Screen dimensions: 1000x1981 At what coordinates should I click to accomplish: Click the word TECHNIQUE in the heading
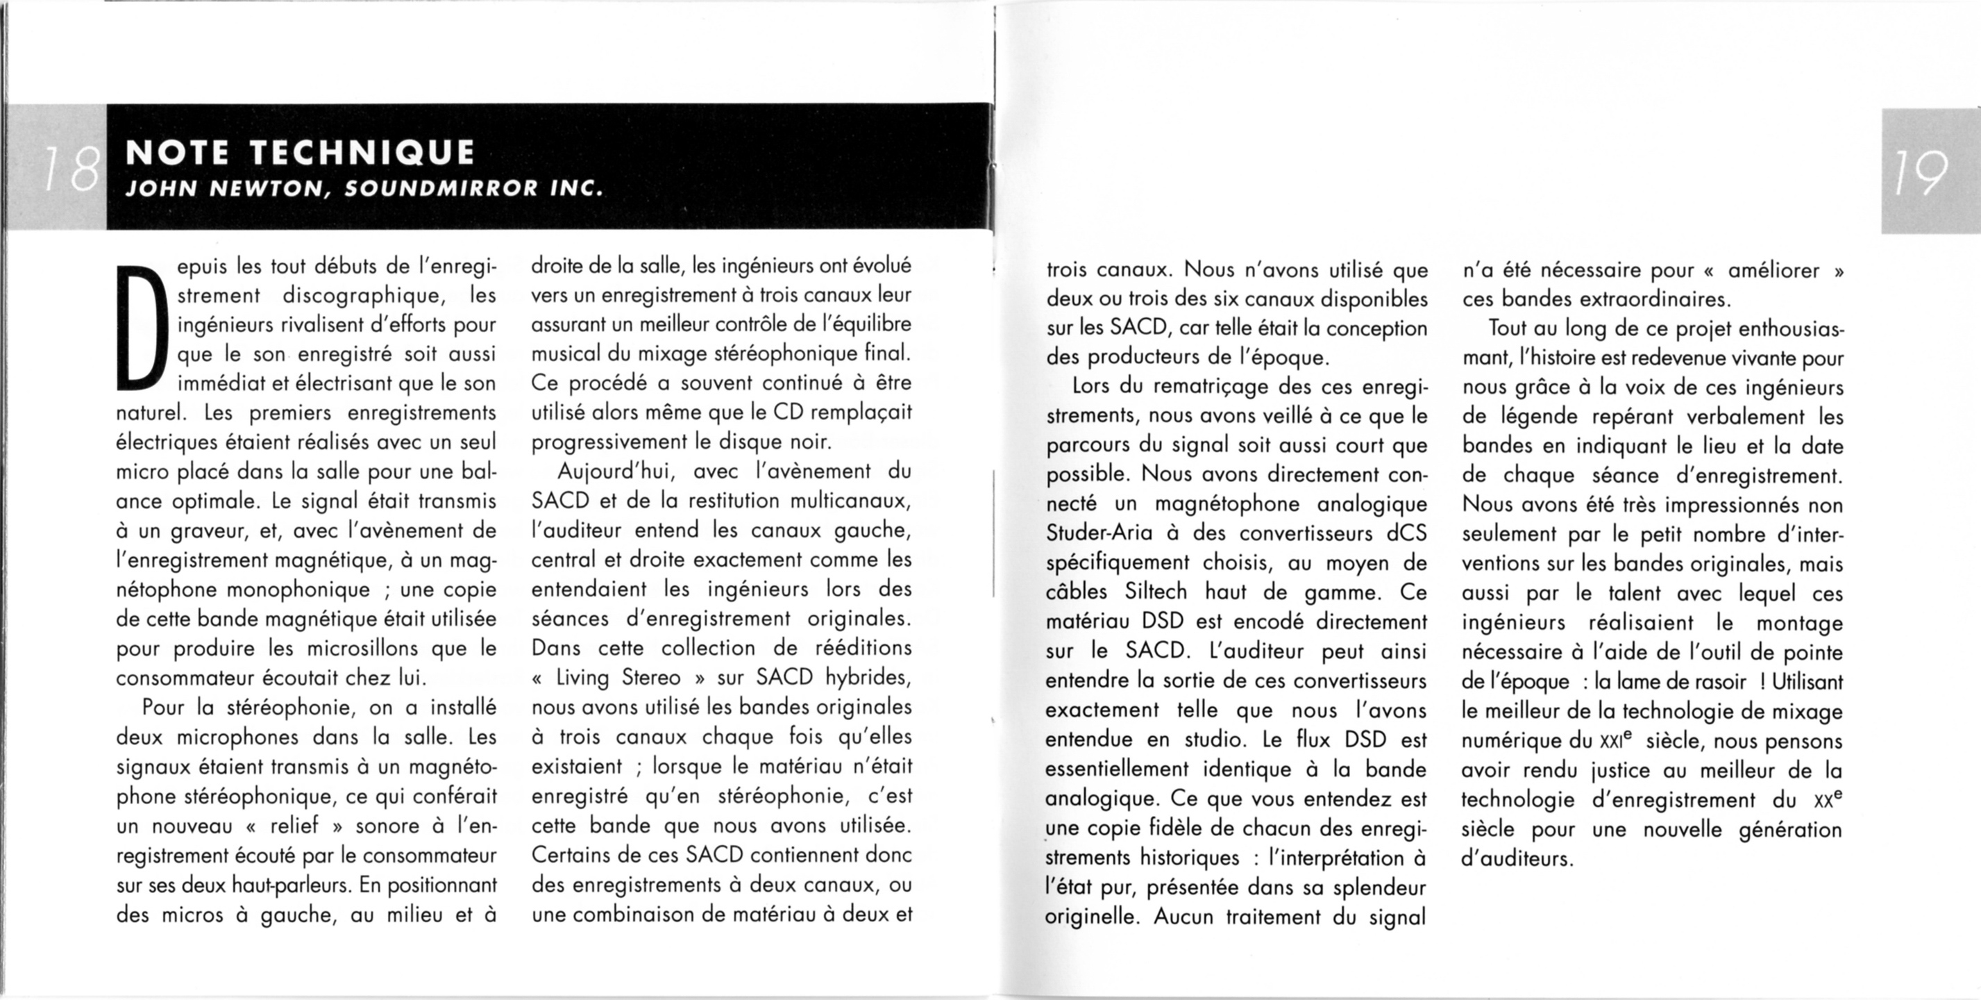point(362,153)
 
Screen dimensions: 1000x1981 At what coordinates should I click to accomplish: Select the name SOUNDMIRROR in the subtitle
point(441,188)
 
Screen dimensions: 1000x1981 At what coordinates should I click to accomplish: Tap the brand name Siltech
point(1156,592)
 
